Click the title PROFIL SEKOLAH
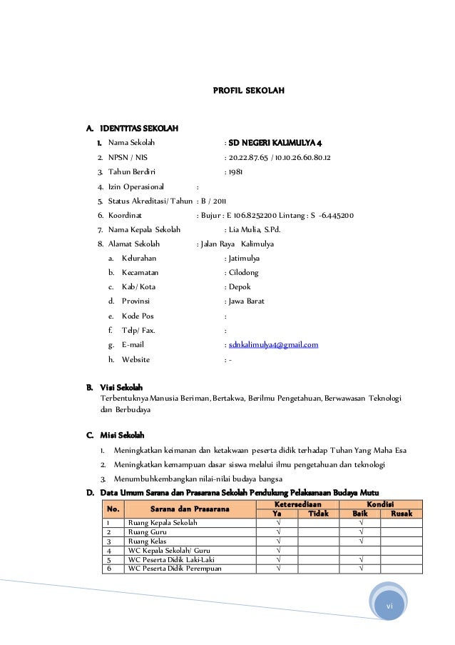[x=250, y=91]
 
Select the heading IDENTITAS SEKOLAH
[x=140, y=129]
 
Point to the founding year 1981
[x=236, y=171]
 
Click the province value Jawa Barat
[x=246, y=301]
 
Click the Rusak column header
[x=401, y=514]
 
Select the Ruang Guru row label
[x=148, y=532]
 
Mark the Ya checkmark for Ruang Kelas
[x=277, y=541]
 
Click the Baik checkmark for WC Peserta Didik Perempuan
[x=361, y=569]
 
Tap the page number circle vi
[x=389, y=606]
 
